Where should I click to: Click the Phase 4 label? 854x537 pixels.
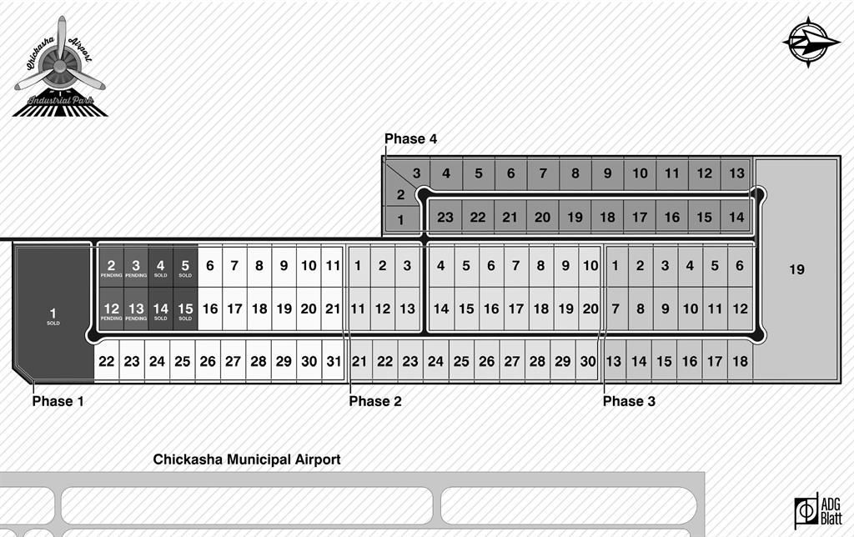[410, 139]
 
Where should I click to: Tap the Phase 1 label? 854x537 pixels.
[58, 401]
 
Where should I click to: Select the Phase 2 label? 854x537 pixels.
[375, 401]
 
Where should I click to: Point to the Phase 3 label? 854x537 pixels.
[629, 401]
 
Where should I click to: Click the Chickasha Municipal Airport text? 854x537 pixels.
[247, 459]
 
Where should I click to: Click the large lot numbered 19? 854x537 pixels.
[796, 269]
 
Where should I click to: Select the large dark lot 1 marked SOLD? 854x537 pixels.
[53, 315]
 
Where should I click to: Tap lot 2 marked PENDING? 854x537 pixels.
[111, 268]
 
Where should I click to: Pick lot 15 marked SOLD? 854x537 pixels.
[185, 310]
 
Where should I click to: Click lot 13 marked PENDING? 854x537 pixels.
[136, 310]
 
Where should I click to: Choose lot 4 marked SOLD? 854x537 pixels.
[161, 268]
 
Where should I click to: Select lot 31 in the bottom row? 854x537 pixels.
[334, 362]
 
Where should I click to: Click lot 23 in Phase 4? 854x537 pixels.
[445, 218]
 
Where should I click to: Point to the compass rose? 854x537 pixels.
[811, 41]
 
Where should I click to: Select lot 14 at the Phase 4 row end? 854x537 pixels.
[736, 218]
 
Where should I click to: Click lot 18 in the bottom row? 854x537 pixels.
[740, 362]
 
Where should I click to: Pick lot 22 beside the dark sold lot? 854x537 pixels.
[106, 362]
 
